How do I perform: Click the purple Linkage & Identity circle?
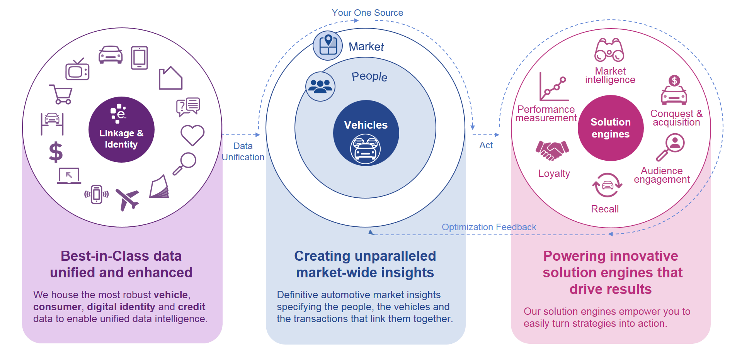click(x=121, y=129)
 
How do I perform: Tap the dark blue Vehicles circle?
click(x=366, y=133)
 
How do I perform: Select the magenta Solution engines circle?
click(x=611, y=128)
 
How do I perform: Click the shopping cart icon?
click(x=61, y=95)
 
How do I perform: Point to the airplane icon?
click(x=127, y=199)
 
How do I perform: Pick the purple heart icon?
click(x=192, y=135)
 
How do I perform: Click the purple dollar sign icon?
click(x=56, y=152)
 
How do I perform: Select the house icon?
click(x=170, y=78)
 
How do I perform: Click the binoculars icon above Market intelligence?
click(x=609, y=50)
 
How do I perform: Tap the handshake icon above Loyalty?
click(x=552, y=150)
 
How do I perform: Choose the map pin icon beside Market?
click(x=328, y=46)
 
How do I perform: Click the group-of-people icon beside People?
click(x=320, y=86)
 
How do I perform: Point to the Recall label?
click(x=605, y=209)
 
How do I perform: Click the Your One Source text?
click(x=367, y=13)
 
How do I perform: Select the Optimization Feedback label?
click(x=489, y=227)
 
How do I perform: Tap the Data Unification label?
click(x=243, y=151)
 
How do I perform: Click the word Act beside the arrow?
click(x=486, y=145)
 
